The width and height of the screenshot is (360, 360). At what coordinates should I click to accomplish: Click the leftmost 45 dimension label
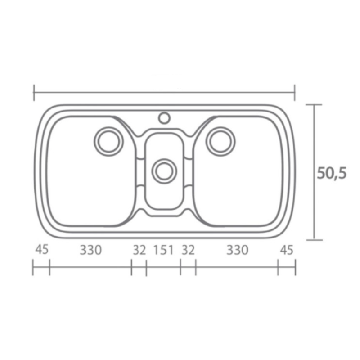click(x=41, y=249)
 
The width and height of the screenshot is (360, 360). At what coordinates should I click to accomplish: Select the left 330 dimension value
click(x=91, y=249)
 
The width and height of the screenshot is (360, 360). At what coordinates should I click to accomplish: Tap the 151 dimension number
click(x=163, y=249)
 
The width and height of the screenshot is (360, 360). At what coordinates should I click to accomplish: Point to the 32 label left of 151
click(x=139, y=249)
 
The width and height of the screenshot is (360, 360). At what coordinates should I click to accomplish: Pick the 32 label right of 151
click(x=188, y=249)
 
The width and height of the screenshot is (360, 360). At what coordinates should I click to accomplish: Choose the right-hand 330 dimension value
click(x=237, y=249)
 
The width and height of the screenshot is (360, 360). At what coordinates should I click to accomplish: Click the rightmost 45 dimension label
click(x=286, y=249)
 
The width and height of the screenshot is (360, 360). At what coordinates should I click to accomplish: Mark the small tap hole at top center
click(x=164, y=118)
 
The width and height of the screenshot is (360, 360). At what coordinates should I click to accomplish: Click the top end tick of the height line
click(x=314, y=104)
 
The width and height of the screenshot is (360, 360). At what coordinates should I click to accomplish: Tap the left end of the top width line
click(x=34, y=93)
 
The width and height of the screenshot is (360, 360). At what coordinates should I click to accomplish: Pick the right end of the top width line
click(x=295, y=93)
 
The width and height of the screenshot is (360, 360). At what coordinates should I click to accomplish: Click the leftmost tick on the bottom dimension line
click(x=33, y=268)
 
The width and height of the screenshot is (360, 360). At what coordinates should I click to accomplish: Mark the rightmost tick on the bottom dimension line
click(x=295, y=268)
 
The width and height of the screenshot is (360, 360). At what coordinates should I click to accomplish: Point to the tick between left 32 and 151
click(x=146, y=268)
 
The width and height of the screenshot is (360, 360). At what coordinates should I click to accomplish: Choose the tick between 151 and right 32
click(x=180, y=268)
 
